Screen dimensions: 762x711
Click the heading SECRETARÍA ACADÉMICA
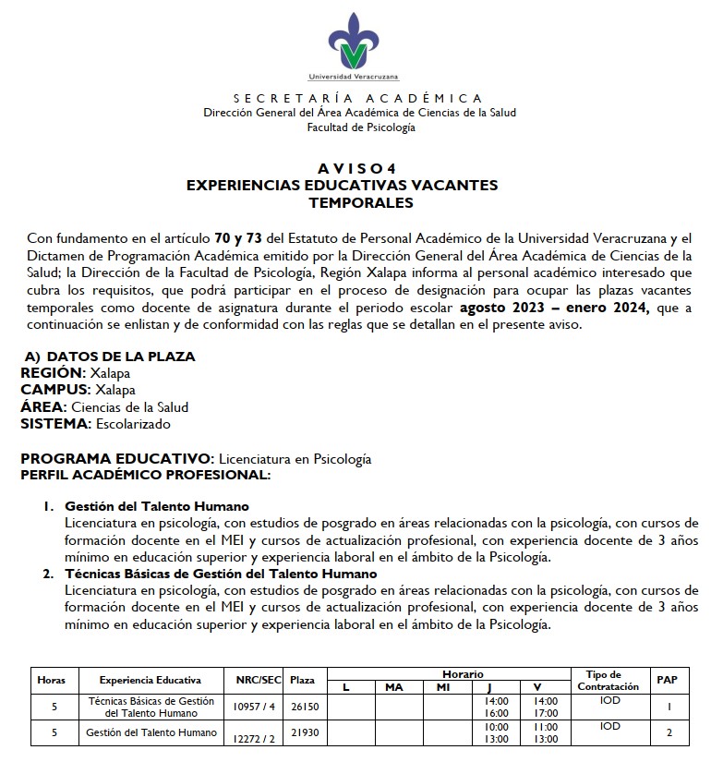pyautogui.click(x=358, y=98)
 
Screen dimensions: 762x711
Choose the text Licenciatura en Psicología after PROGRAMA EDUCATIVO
pyautogui.click(x=294, y=458)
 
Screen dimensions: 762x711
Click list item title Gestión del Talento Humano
pyautogui.click(x=157, y=506)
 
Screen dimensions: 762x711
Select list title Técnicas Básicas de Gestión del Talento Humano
pyautogui.click(x=221, y=574)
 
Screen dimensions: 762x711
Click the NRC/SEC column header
pyautogui.click(x=259, y=680)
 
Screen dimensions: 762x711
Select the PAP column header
pyautogui.click(x=667, y=680)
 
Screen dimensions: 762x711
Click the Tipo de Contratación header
pyautogui.click(x=608, y=680)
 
